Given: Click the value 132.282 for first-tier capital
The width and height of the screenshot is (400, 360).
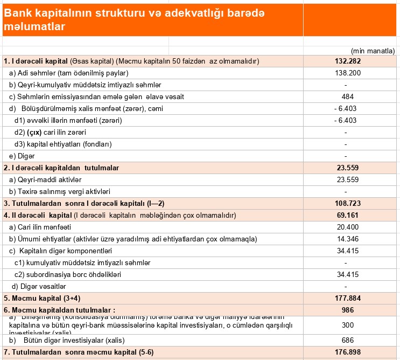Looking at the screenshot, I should [x=347, y=61].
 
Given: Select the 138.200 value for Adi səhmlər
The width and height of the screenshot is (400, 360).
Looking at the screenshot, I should [x=347, y=73].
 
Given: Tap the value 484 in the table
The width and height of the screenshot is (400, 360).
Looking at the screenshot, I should [x=347, y=96].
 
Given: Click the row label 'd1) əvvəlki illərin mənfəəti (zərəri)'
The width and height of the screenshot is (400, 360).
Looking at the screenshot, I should [x=68, y=120].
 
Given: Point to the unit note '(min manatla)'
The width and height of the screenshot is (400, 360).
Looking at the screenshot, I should [x=373, y=51].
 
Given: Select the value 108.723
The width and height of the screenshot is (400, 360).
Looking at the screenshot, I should [x=347, y=203].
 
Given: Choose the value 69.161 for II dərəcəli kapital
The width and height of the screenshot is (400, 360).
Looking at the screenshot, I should [x=347, y=215].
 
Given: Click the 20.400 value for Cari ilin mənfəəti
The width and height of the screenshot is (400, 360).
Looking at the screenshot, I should [x=347, y=227].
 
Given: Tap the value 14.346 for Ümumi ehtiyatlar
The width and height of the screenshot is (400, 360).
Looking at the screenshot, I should [x=347, y=239].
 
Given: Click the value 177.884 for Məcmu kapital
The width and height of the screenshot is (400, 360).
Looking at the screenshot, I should [x=347, y=298].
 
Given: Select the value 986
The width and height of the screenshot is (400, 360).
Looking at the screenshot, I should [x=347, y=310].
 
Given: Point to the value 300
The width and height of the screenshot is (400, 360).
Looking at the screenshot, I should [x=347, y=325].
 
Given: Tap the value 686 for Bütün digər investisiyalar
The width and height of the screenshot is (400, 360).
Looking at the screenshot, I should [x=347, y=340].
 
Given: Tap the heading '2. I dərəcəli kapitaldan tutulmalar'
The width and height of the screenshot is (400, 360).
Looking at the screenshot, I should [x=61, y=168].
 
